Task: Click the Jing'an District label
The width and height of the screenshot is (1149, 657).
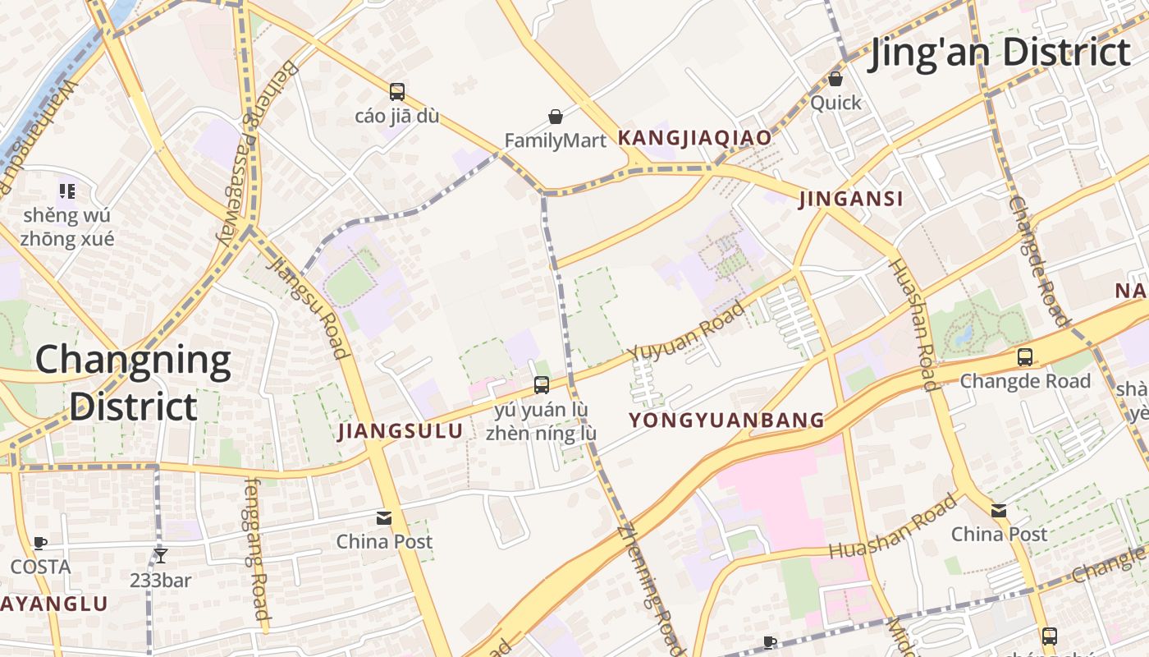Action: click(x=1000, y=52)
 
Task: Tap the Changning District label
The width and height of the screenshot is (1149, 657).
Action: click(x=133, y=383)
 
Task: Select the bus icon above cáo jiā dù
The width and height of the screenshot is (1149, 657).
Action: click(x=397, y=92)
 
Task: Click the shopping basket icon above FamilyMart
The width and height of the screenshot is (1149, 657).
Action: click(x=556, y=117)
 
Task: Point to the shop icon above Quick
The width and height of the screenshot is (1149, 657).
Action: click(x=835, y=79)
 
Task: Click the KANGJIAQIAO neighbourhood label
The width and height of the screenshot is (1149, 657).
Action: click(x=694, y=138)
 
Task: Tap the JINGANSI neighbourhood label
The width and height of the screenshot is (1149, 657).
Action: click(x=851, y=199)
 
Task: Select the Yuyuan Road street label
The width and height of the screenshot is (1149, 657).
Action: click(x=687, y=330)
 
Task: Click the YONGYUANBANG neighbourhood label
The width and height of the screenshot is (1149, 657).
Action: click(x=726, y=420)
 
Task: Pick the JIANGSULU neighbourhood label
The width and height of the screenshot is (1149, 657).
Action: click(x=401, y=431)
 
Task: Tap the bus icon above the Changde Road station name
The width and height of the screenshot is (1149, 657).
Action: click(x=1025, y=357)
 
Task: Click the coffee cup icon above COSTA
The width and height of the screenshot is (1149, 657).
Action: click(x=39, y=543)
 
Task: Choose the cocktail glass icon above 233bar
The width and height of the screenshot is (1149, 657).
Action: click(x=161, y=556)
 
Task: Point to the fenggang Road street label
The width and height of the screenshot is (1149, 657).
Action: click(x=256, y=548)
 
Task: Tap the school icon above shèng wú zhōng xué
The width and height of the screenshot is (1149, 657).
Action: click(x=66, y=191)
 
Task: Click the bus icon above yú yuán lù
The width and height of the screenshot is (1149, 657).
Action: click(x=541, y=384)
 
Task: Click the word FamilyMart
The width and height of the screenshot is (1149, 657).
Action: click(x=555, y=140)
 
